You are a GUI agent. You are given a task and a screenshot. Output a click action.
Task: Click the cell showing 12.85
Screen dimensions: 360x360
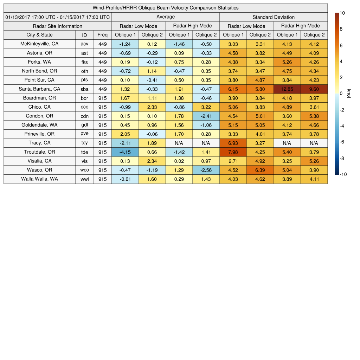point(287,89)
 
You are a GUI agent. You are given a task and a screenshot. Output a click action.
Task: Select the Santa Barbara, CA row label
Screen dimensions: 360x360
point(39,89)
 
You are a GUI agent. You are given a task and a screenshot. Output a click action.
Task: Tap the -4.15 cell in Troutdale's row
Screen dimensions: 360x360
point(125,152)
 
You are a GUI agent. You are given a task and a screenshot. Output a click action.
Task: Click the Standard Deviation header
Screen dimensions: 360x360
point(274,17)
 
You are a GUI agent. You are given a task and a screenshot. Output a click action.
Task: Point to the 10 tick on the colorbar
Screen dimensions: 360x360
point(342,13)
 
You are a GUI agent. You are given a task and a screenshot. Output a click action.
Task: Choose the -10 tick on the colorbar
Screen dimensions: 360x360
point(343,174)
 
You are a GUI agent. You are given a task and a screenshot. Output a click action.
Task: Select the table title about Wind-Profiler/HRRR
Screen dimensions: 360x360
point(165,8)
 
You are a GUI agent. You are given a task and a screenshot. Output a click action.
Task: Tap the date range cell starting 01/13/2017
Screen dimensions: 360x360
point(58,17)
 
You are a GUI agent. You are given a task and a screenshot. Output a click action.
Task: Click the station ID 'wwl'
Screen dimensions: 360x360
point(84,179)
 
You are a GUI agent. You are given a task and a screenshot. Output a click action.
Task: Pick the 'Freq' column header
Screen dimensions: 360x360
point(102,35)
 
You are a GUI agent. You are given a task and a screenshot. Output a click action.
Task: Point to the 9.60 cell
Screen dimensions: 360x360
point(314,89)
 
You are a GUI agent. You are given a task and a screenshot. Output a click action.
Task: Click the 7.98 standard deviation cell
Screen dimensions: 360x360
point(233,152)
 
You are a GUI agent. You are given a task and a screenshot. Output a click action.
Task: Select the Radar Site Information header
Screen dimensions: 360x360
point(58,26)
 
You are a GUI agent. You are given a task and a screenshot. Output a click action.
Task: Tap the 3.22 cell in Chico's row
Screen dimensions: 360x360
point(206,107)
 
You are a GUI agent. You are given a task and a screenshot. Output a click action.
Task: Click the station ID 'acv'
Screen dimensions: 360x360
point(84,44)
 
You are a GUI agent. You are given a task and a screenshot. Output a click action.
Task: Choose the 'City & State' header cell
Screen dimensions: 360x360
point(39,35)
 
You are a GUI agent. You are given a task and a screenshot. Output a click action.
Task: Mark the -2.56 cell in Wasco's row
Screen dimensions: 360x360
point(206,170)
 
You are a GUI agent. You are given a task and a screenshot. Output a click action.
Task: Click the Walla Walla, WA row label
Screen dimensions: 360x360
point(39,179)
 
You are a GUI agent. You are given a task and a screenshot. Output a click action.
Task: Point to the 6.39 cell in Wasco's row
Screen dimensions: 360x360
point(260,170)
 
